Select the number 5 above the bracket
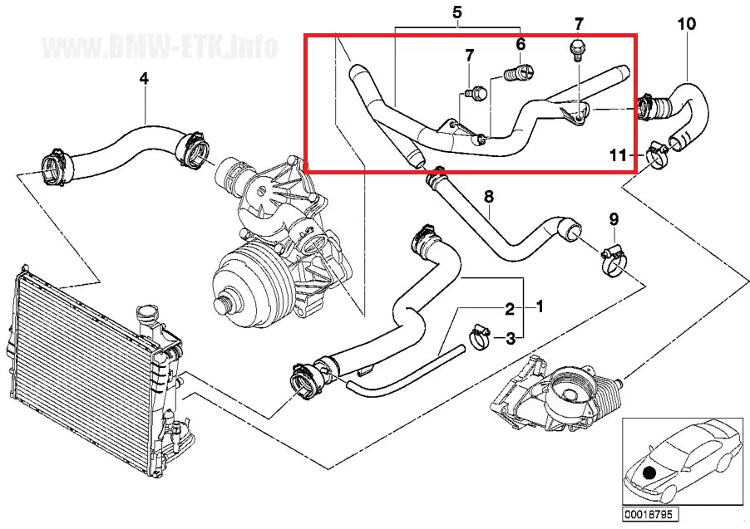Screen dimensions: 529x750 pyautogui.click(x=456, y=12)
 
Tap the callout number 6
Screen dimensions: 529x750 pyautogui.click(x=521, y=44)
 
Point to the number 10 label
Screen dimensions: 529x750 pyautogui.click(x=686, y=24)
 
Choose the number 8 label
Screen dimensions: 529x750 pyautogui.click(x=489, y=197)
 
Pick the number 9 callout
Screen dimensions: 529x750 pyautogui.click(x=614, y=219)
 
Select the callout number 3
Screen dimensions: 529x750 pyautogui.click(x=511, y=337)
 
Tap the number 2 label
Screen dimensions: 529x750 pyautogui.click(x=510, y=310)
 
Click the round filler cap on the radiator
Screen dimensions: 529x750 pyautogui.click(x=148, y=316)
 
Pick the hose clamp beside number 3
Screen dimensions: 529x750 pyautogui.click(x=480, y=336)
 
